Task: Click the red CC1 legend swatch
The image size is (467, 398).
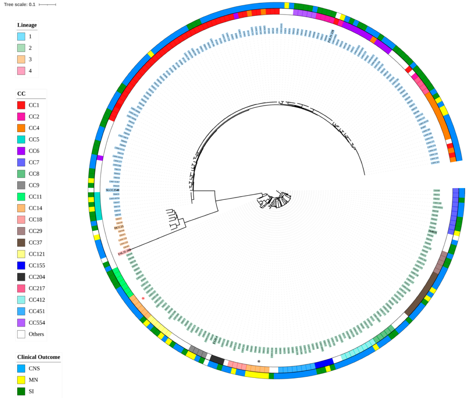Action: click(21, 105)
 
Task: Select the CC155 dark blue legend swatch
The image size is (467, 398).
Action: click(21, 265)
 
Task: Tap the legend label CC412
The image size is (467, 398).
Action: click(37, 300)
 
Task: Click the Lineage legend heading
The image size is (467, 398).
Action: click(27, 25)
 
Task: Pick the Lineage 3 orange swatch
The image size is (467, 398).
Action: click(21, 59)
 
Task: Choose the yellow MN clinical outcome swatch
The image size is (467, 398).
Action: click(21, 380)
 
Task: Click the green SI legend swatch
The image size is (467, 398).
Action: click(21, 391)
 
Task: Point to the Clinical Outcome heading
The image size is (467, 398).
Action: click(38, 357)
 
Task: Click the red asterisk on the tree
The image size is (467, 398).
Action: click(143, 299)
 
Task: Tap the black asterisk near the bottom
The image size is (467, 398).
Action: click(259, 361)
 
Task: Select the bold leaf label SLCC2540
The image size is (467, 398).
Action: click(112, 190)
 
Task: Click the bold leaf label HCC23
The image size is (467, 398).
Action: click(119, 227)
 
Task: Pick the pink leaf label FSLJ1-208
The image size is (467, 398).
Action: click(124, 253)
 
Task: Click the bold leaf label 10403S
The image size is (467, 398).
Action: click(432, 232)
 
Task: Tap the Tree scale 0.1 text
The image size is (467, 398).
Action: click(19, 5)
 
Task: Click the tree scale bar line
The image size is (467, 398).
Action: click(47, 5)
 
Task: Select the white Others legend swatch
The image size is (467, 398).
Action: click(21, 334)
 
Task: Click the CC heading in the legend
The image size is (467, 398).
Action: click(21, 94)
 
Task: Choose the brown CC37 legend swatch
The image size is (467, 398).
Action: click(21, 242)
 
